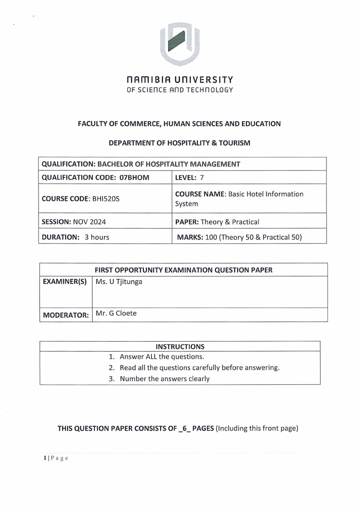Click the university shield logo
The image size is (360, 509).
[x=180, y=43]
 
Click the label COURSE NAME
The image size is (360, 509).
[x=200, y=194]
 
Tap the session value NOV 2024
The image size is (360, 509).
[x=83, y=222]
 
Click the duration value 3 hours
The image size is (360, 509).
[x=97, y=237]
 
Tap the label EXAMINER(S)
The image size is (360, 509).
[x=64, y=282]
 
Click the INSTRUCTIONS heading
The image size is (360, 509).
[x=180, y=347]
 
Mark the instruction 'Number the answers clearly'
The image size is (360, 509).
[x=165, y=379]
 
